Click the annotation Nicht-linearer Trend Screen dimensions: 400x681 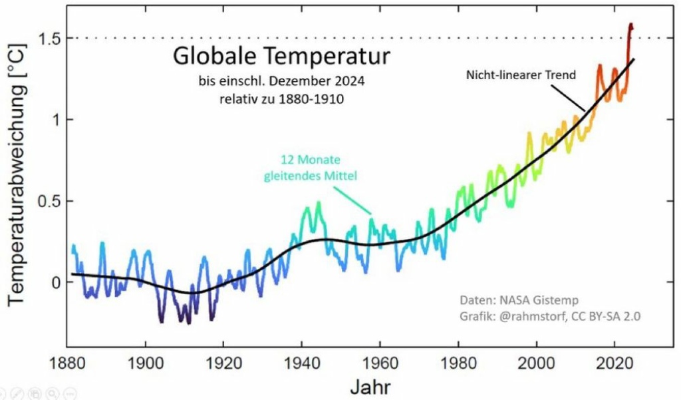click(520, 75)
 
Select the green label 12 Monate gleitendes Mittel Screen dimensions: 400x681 click(311, 168)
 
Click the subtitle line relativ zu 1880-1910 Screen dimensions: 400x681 click(281, 100)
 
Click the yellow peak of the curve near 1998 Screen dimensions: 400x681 click(529, 134)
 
